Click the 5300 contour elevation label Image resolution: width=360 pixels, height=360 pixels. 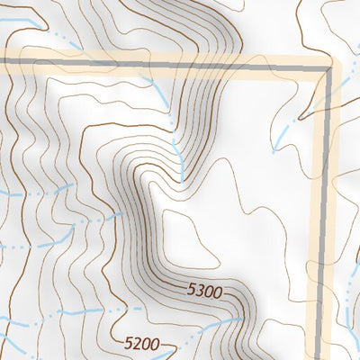pos(205,291)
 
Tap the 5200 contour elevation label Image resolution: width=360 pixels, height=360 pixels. pos(142,343)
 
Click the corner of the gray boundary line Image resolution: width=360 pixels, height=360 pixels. pos(325,68)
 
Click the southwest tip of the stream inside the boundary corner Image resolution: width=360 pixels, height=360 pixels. pos(274,150)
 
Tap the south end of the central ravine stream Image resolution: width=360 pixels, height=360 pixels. pos(184,175)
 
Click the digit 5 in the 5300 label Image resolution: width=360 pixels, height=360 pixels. pos(192,291)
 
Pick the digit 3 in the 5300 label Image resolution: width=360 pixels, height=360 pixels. pos(201,291)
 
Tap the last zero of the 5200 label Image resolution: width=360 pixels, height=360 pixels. pos(155,343)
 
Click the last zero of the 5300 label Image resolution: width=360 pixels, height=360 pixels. pos(218,291)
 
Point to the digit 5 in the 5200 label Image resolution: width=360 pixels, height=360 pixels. pos(129,343)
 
